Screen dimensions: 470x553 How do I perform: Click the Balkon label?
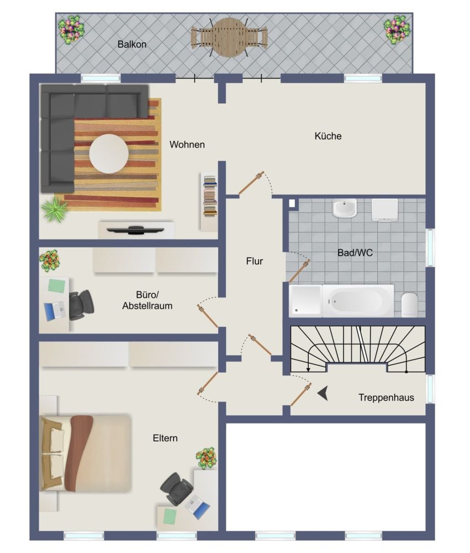point(132,44)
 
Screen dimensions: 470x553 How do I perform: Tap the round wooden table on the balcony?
point(229,38)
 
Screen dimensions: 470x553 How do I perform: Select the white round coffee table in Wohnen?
point(109,154)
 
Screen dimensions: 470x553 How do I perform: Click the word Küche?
point(328,136)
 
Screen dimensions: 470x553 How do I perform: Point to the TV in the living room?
point(136,230)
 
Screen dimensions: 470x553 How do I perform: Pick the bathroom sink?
point(344,208)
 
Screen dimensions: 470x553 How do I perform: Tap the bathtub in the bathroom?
point(358,301)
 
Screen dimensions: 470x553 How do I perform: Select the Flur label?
point(255,262)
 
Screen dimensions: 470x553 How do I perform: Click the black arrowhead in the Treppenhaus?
point(323,393)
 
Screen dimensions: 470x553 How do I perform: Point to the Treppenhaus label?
point(386,398)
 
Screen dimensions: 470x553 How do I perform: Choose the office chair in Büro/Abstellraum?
point(81,305)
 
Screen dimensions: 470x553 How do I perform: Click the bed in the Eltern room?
point(86,453)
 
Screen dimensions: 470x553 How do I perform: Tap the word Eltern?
point(165,439)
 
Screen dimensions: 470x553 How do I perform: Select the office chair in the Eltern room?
point(176,488)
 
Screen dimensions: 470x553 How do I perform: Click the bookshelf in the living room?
point(209,201)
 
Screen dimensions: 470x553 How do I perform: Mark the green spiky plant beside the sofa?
point(55,209)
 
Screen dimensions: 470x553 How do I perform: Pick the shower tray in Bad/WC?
point(305,300)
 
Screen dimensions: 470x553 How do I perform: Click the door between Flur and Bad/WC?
point(299,271)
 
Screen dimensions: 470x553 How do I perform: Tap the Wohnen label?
point(187,144)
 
